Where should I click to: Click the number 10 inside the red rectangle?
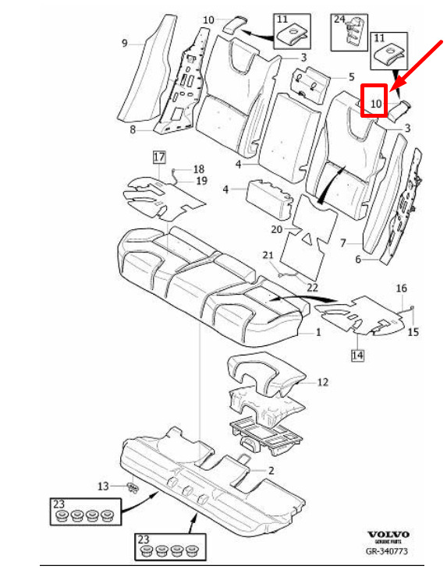click(x=375, y=104)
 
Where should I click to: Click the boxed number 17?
click(x=159, y=157)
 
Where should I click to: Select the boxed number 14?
click(x=357, y=355)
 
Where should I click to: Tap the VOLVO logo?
click(x=388, y=535)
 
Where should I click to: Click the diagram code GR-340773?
click(x=387, y=551)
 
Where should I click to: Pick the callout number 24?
click(x=339, y=19)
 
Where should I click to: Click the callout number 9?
click(x=125, y=44)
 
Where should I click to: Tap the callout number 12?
click(x=323, y=382)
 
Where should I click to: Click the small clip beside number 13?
click(x=133, y=487)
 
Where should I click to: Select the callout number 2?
click(x=271, y=471)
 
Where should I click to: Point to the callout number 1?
click(x=318, y=333)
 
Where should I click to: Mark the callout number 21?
click(x=268, y=255)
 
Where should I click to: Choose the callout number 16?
click(x=402, y=288)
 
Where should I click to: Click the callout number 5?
click(x=351, y=77)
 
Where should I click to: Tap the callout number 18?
click(x=199, y=169)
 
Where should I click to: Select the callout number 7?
click(x=343, y=243)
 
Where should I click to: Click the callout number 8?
click(x=133, y=130)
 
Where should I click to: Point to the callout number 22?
click(x=312, y=288)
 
